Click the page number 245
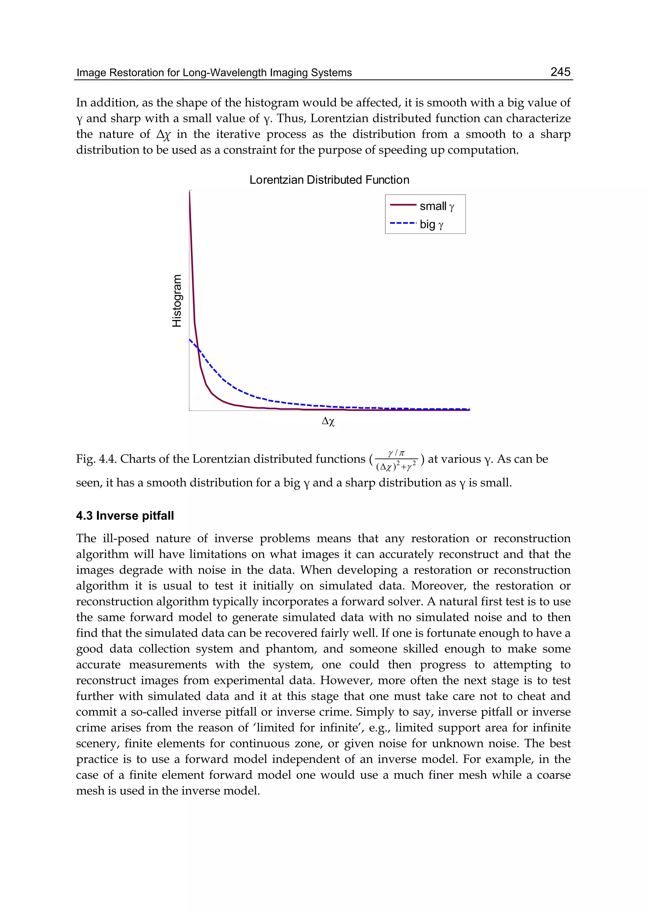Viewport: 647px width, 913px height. [x=560, y=72]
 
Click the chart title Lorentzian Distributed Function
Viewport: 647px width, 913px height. [x=329, y=180]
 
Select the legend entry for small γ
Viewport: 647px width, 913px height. [x=437, y=206]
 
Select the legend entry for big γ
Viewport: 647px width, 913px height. [x=431, y=224]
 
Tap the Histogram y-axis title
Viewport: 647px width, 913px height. [x=177, y=301]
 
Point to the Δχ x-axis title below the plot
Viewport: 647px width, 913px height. [x=328, y=421]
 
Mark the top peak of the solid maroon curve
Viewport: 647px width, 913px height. [x=190, y=192]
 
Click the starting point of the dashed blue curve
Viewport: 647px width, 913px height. [x=190, y=339]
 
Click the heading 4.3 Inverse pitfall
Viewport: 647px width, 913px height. [x=125, y=516]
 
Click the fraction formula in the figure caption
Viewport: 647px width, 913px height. [x=396, y=459]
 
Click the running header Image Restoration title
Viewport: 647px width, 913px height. [x=214, y=73]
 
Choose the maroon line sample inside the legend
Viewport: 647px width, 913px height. [x=403, y=205]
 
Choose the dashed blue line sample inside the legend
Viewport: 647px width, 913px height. [x=403, y=223]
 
